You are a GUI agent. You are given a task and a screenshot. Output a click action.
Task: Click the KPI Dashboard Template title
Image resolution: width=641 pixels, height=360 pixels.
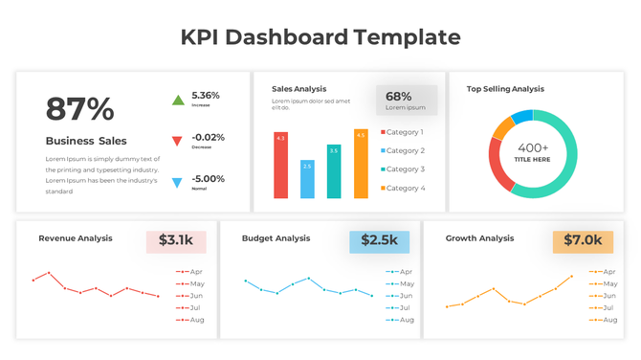[x=320, y=37]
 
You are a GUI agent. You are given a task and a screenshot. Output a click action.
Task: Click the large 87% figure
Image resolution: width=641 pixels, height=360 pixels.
[x=79, y=109]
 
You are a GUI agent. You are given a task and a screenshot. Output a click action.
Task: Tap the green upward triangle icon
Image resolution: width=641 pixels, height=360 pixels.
[x=177, y=100]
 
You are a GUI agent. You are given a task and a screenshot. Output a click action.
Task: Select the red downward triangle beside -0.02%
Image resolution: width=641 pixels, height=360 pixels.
[x=177, y=141]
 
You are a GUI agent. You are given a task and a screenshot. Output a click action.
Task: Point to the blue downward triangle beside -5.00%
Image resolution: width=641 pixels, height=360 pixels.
[x=177, y=182]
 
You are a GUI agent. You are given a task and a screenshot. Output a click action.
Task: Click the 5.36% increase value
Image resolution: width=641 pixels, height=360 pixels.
[x=206, y=96]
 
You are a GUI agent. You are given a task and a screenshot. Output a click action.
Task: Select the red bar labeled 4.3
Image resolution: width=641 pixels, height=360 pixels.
[x=280, y=166]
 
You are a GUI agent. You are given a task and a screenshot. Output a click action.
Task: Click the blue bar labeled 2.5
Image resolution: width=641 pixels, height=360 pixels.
[x=307, y=179]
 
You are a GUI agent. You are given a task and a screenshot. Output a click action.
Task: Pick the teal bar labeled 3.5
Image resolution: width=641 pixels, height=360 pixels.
[x=334, y=171]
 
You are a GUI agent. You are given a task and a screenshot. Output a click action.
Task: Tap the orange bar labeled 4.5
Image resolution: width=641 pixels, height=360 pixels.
[x=361, y=164]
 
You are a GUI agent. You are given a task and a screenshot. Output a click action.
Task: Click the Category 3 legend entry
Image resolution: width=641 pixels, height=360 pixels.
[x=403, y=169]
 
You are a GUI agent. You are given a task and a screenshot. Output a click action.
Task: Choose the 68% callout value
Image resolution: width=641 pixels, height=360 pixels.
[x=399, y=96]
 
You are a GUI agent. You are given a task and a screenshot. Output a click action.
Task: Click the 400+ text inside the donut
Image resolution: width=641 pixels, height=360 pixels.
[x=533, y=147]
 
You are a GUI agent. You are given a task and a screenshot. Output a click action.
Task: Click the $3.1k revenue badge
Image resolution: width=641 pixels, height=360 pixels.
[x=176, y=240]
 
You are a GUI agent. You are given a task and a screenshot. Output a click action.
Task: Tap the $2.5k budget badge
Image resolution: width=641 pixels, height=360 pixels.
[x=379, y=240]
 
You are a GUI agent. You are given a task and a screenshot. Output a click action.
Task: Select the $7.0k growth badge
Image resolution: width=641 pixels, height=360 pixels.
[x=583, y=240]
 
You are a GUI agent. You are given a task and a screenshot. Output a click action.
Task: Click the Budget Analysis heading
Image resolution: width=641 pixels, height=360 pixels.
[x=276, y=238]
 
